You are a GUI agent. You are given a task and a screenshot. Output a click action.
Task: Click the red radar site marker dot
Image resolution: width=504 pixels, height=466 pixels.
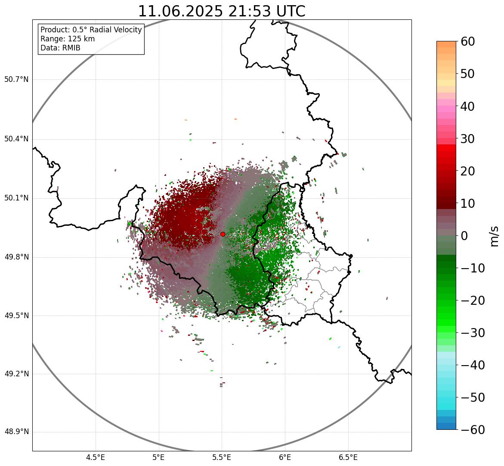223,234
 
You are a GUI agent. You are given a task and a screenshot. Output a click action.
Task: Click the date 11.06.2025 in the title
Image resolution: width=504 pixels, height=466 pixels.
180,11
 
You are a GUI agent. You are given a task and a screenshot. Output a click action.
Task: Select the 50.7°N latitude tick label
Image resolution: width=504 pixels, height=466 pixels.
16,80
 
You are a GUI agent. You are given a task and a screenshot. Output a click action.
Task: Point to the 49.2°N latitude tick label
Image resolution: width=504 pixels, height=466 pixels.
16,374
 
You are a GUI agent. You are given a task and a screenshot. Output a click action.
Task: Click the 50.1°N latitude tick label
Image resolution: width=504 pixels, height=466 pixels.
16,198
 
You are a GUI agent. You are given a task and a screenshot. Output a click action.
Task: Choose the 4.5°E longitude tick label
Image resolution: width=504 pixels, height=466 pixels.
96,457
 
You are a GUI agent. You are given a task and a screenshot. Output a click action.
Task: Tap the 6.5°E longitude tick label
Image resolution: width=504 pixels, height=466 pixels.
348,457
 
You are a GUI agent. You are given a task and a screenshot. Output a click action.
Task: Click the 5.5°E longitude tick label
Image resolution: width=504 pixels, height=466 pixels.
222,457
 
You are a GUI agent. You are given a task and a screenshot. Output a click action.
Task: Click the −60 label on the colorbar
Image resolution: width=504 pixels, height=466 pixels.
473,430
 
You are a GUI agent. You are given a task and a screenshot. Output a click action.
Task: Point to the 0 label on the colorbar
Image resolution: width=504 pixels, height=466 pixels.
464,236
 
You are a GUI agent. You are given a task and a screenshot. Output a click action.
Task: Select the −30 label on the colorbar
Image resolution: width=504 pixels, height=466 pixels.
473,333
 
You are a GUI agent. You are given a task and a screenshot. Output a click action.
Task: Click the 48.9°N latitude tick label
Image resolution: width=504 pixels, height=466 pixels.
16,432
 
